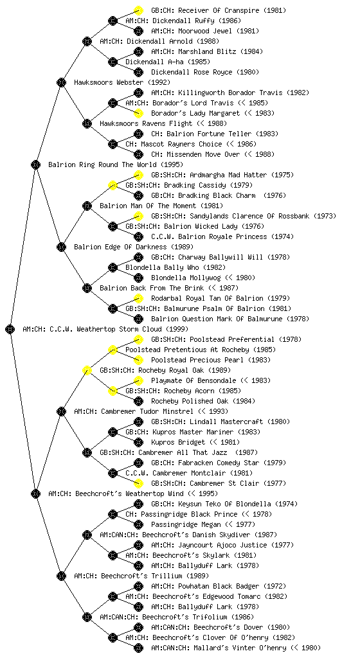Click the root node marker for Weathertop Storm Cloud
10,329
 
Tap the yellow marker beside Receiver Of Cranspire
138,10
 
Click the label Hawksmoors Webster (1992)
122,82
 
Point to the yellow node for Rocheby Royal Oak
87,370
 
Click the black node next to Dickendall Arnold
87,41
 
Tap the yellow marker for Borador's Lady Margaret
138,113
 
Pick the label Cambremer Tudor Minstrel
147,411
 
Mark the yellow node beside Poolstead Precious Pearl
138,360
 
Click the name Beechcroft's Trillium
141,576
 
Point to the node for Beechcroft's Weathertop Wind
35,493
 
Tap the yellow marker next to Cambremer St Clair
138,483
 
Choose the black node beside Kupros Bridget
138,442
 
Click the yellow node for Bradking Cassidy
113,185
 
